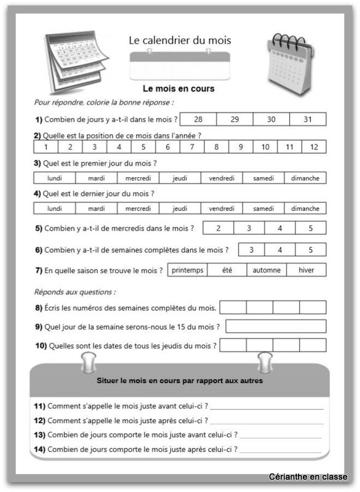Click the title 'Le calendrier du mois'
(x=180, y=40)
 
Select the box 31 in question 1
(x=308, y=119)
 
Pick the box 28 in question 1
(x=198, y=119)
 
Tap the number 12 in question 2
(x=314, y=147)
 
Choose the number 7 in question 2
(x=192, y=147)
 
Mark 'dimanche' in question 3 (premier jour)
(x=305, y=178)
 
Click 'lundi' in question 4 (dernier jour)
(x=54, y=208)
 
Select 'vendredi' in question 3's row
(x=222, y=178)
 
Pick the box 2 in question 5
(x=218, y=228)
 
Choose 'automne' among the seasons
(x=266, y=270)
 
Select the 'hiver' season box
(x=306, y=270)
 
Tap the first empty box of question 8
(x=233, y=307)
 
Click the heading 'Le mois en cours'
(x=178, y=89)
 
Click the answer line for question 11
(x=266, y=406)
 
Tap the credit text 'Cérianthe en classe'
(x=308, y=477)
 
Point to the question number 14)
(x=39, y=450)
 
